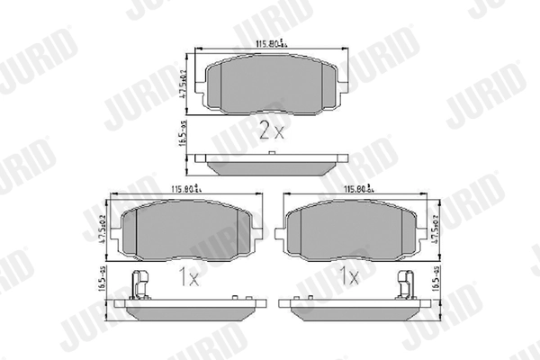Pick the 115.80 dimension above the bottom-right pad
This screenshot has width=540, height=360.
click(x=357, y=189)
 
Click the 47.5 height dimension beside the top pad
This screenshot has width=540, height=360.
click(x=182, y=81)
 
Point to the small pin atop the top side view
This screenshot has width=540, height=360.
click(x=272, y=157)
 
